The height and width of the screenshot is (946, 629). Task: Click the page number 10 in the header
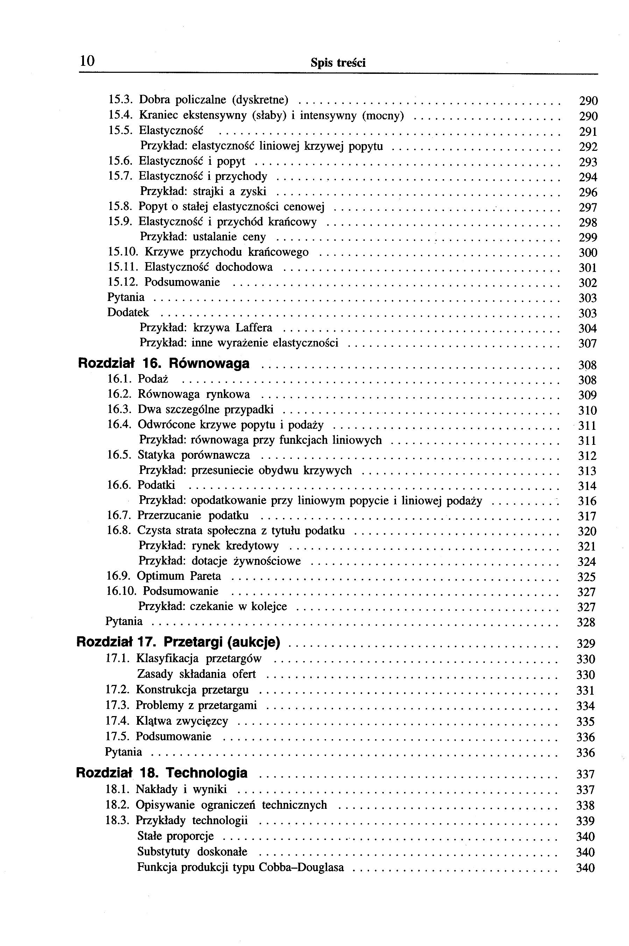87,61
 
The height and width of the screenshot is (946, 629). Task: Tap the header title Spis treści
338,63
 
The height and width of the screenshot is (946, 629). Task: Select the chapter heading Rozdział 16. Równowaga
163,364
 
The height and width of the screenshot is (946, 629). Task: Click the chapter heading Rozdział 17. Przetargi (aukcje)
178,642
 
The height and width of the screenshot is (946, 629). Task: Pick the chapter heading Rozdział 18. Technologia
162,773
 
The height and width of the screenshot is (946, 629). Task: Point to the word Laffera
254,328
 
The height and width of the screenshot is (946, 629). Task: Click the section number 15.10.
123,252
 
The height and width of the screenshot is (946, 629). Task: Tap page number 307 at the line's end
588,344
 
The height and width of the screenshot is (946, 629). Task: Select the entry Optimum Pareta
179,576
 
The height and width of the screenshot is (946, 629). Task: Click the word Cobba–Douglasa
301,867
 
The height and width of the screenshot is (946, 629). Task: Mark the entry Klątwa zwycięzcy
182,721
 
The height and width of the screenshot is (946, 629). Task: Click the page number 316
587,501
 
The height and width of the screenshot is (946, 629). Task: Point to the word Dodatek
128,312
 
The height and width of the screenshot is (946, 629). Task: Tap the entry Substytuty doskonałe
192,852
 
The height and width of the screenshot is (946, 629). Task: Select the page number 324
586,561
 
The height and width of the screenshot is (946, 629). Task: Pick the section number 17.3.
118,705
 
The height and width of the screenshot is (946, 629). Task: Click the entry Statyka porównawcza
194,455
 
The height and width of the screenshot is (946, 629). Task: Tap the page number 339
585,821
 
